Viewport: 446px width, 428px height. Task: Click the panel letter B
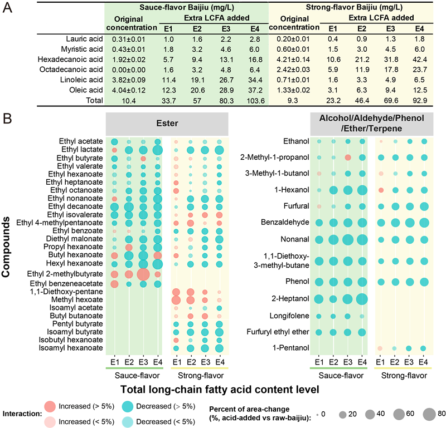click(x=8, y=120)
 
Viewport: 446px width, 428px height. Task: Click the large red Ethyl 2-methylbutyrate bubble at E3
click(x=143, y=274)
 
